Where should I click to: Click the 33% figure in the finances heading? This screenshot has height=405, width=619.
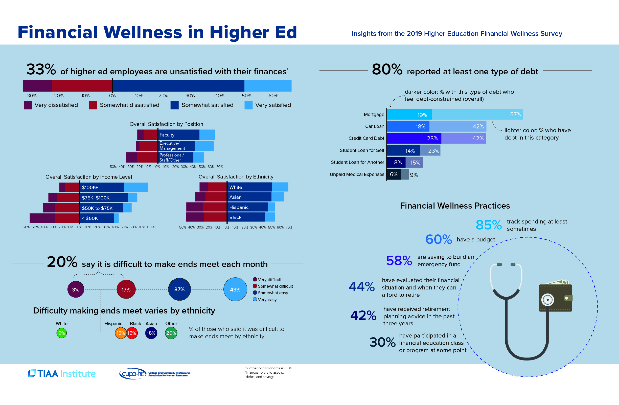point(41,70)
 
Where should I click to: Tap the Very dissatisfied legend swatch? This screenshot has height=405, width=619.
point(28,105)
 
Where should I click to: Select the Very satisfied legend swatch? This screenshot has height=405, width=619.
point(248,105)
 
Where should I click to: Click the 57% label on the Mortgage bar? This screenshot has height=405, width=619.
point(515,115)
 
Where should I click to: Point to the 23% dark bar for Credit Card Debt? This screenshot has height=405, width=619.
point(414,138)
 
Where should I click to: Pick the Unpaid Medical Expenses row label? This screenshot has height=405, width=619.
point(357,174)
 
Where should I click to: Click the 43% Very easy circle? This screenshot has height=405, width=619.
point(235,289)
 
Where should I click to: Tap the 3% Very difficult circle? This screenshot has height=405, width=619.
point(76,289)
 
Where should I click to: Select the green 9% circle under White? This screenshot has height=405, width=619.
point(62,333)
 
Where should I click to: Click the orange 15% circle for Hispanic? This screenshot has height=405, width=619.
point(120,333)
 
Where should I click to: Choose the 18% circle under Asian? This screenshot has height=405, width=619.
point(151,333)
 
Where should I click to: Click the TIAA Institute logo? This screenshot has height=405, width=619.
point(62,374)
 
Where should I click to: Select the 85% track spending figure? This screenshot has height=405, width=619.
point(488,225)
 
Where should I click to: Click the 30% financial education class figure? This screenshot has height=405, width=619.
point(382,342)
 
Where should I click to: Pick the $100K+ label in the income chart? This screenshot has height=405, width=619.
point(90,188)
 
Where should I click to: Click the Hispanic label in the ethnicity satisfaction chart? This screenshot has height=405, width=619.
point(239,207)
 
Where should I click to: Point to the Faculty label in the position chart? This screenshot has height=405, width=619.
point(167,135)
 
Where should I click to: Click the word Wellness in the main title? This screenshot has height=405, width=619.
point(143,33)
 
